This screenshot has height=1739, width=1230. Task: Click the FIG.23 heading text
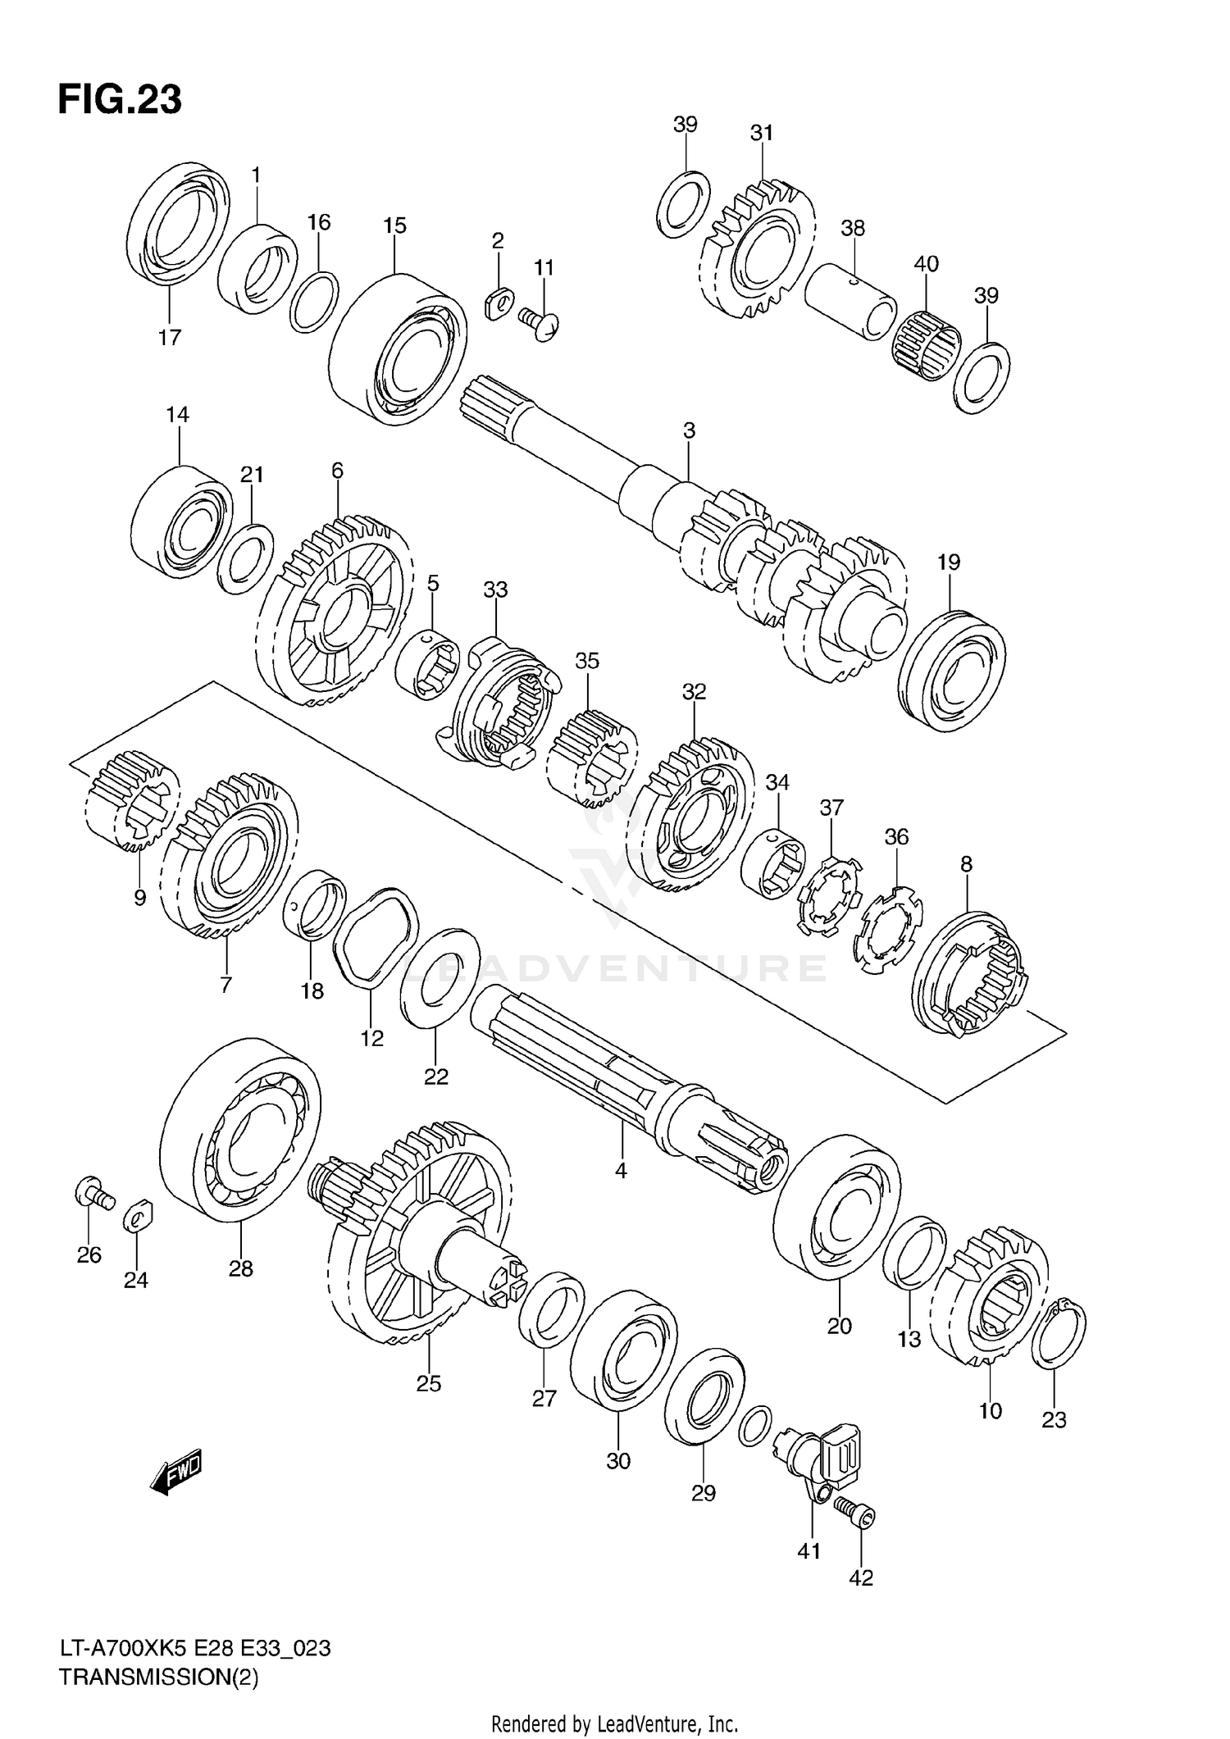pos(120,100)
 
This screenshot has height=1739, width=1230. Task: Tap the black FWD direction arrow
pos(176,1475)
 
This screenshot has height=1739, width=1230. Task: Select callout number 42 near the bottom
pos(861,1576)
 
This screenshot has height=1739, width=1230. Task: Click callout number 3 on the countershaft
pos(689,430)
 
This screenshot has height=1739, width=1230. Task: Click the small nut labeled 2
pos(498,304)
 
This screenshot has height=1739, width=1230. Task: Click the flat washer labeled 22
pos(440,977)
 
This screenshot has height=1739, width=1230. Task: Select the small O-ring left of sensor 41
pos(754,1426)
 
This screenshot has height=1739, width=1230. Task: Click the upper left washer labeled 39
pos(683,204)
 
